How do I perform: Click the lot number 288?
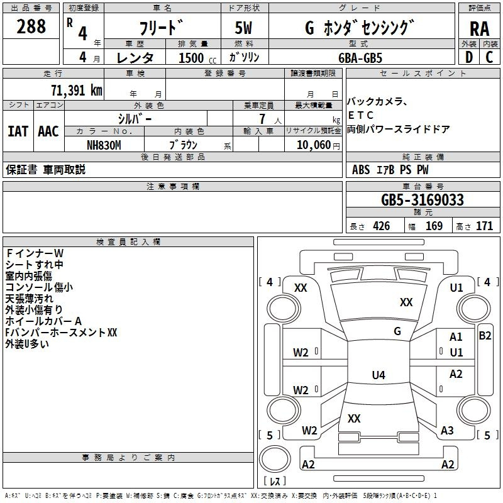[x=31, y=26]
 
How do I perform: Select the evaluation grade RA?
[x=479, y=29]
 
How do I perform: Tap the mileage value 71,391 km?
[x=77, y=91]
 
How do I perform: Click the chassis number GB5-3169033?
[x=423, y=200]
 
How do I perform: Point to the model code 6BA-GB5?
[x=360, y=58]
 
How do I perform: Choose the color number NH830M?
[x=104, y=145]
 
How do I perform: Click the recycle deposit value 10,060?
[x=314, y=145]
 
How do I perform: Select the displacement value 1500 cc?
[x=197, y=58]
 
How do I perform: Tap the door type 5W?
[x=243, y=28]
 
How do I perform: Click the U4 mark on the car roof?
[x=379, y=375]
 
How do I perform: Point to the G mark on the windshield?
[x=397, y=331]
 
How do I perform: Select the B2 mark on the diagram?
[x=485, y=336]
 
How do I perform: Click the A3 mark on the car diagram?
[x=447, y=431]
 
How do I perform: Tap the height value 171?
[x=484, y=226]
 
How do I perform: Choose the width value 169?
[x=434, y=226]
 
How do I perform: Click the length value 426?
[x=382, y=226]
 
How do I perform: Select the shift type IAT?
[x=18, y=131]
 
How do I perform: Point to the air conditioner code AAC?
[x=48, y=131]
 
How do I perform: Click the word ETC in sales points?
[x=361, y=115]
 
